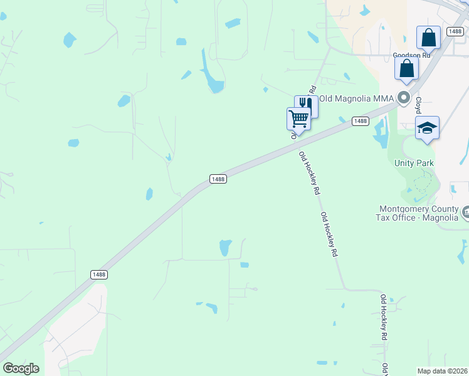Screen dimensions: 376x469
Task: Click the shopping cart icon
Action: [x=299, y=118]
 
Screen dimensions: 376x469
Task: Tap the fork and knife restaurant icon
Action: [x=307, y=105]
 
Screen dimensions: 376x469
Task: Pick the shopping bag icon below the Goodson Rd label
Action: [x=406, y=68]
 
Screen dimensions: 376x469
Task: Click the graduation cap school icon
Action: [x=427, y=128]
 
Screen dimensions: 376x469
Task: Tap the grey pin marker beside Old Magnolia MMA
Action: [x=404, y=98]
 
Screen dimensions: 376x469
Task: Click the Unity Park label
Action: [x=414, y=163]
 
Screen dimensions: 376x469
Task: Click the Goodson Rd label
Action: [x=411, y=55]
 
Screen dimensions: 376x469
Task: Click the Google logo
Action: [x=21, y=368]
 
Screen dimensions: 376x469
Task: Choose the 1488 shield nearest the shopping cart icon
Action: [x=360, y=121]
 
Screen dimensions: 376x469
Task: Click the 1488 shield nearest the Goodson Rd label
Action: [x=455, y=31]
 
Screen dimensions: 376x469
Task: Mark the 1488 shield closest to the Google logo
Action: [x=98, y=274]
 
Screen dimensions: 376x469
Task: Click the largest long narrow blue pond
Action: [x=211, y=72]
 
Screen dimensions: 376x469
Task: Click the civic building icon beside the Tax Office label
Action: [x=465, y=213]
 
